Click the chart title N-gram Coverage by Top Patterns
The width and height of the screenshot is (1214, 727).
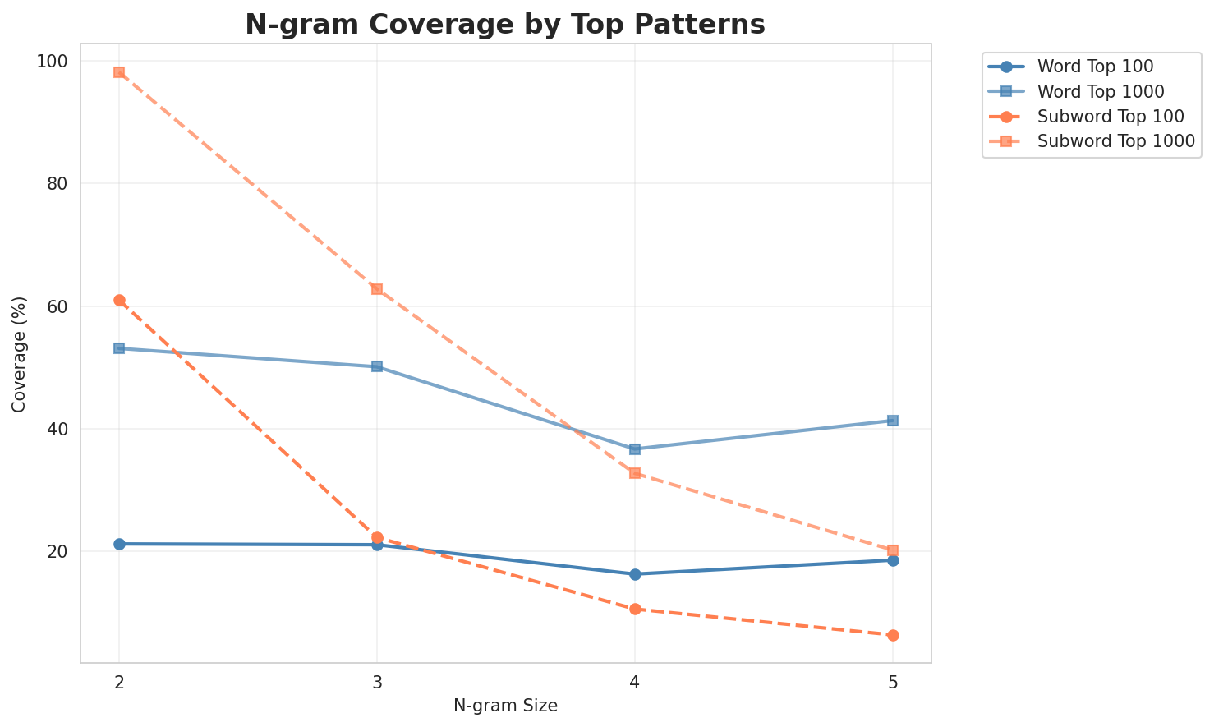pyautogui.click(x=505, y=25)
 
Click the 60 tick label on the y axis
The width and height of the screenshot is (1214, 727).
pyautogui.click(x=62, y=306)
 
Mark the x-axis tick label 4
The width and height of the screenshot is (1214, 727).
pyautogui.click(x=635, y=683)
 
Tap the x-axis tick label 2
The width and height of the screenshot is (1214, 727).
pyautogui.click(x=119, y=683)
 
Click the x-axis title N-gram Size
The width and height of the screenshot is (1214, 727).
pyautogui.click(x=505, y=706)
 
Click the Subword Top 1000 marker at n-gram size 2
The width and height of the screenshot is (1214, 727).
pyautogui.click(x=119, y=72)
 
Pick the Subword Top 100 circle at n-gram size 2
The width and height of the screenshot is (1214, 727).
pyautogui.click(x=119, y=300)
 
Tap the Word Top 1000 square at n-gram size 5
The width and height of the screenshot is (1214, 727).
pyautogui.click(x=893, y=421)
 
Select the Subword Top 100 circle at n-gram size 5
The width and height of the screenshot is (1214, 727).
pyautogui.click(x=893, y=635)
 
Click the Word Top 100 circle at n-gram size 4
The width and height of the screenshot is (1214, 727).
pyautogui.click(x=635, y=574)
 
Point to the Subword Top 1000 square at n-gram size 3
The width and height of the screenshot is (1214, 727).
pyautogui.click(x=377, y=289)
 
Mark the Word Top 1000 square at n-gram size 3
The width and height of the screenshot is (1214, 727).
pyautogui.click(x=377, y=366)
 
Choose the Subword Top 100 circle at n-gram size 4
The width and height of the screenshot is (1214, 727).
pyautogui.click(x=635, y=609)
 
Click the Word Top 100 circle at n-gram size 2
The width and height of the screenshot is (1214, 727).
pyautogui.click(x=119, y=544)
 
